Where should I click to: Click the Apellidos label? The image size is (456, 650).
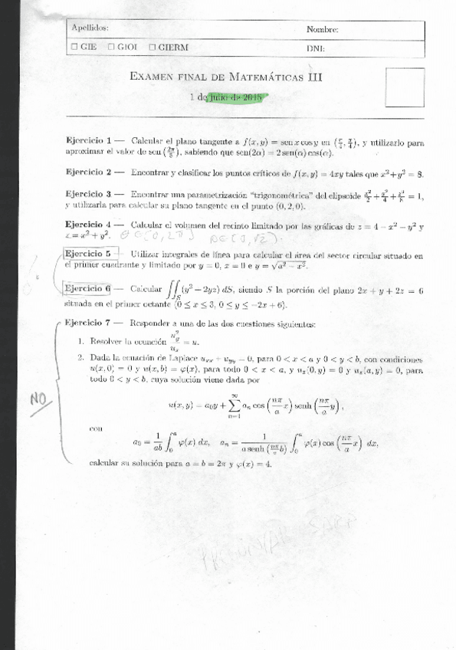click(89, 28)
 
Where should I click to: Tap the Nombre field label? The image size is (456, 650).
click(322, 29)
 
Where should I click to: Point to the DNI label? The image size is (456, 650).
click(314, 48)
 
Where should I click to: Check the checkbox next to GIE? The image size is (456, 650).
click(73, 47)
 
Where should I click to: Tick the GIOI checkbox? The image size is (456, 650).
click(111, 47)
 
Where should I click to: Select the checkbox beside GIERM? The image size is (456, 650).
click(152, 47)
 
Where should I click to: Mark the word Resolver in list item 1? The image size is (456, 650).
click(107, 340)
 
